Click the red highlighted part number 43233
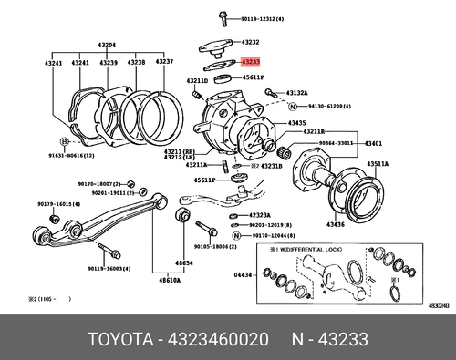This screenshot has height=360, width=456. (x=251, y=61)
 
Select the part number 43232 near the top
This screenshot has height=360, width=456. (x=250, y=42)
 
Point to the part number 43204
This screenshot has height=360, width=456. (x=108, y=44)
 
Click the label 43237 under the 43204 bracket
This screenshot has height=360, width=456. (x=164, y=62)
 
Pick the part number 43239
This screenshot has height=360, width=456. (x=109, y=62)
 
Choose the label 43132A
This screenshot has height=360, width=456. (x=297, y=93)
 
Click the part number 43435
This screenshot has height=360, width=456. (x=297, y=123)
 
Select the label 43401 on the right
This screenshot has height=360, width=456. (x=374, y=144)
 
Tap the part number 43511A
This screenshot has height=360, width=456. (x=378, y=164)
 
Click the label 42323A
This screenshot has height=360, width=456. (x=259, y=215)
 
